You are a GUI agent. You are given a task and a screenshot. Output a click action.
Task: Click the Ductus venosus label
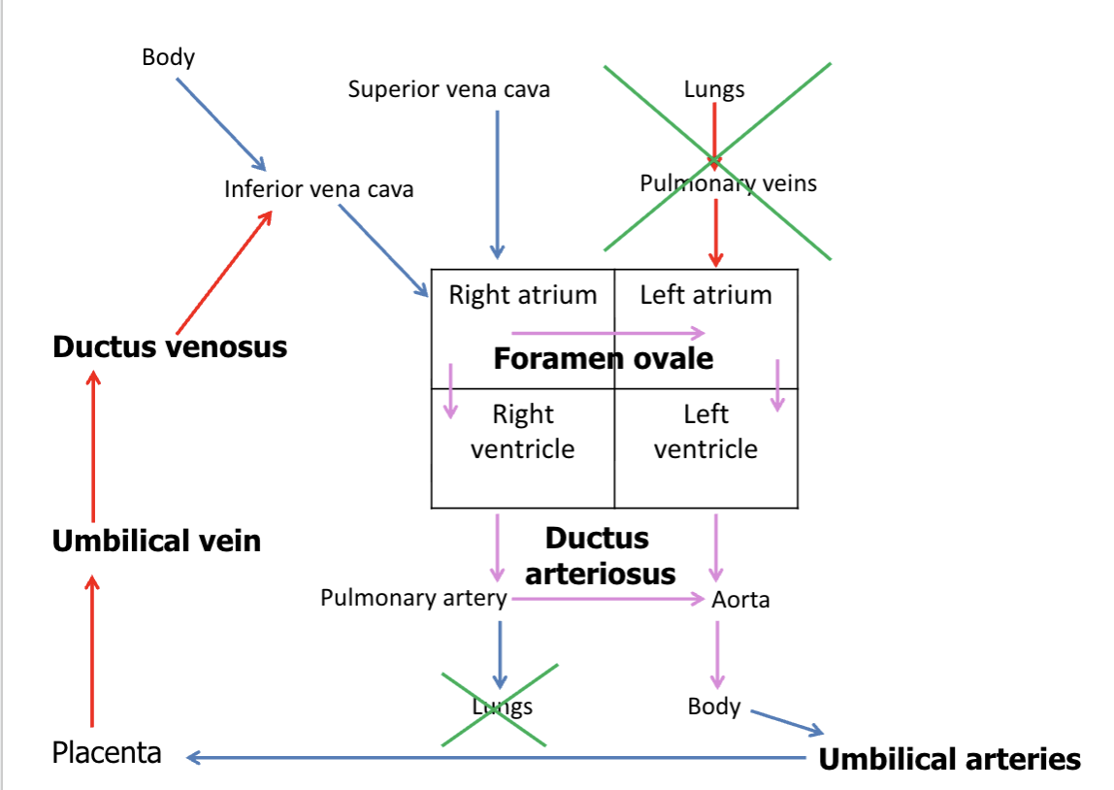point(170,346)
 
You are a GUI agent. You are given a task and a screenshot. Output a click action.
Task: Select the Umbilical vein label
point(156,541)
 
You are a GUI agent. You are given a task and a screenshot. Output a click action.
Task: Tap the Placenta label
point(107,752)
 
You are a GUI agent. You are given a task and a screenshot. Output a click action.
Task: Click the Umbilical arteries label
point(949,759)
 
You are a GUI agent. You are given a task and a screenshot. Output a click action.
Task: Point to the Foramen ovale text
point(603,359)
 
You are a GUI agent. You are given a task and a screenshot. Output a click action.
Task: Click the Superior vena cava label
point(448,90)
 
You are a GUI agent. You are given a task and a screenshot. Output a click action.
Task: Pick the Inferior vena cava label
point(318,188)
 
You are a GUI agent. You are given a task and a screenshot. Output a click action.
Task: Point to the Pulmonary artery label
point(413,598)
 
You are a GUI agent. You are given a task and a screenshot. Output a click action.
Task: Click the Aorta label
point(740,600)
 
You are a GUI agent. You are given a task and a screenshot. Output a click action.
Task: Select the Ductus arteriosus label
point(599,555)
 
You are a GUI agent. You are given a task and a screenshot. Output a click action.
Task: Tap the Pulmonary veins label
point(728,182)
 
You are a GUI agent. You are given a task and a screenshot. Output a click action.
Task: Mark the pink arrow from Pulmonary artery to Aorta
point(606,599)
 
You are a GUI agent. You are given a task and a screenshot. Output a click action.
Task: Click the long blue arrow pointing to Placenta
point(495,757)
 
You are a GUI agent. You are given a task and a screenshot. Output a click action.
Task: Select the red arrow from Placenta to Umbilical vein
point(92,650)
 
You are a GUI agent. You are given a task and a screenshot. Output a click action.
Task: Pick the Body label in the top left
point(168,57)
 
